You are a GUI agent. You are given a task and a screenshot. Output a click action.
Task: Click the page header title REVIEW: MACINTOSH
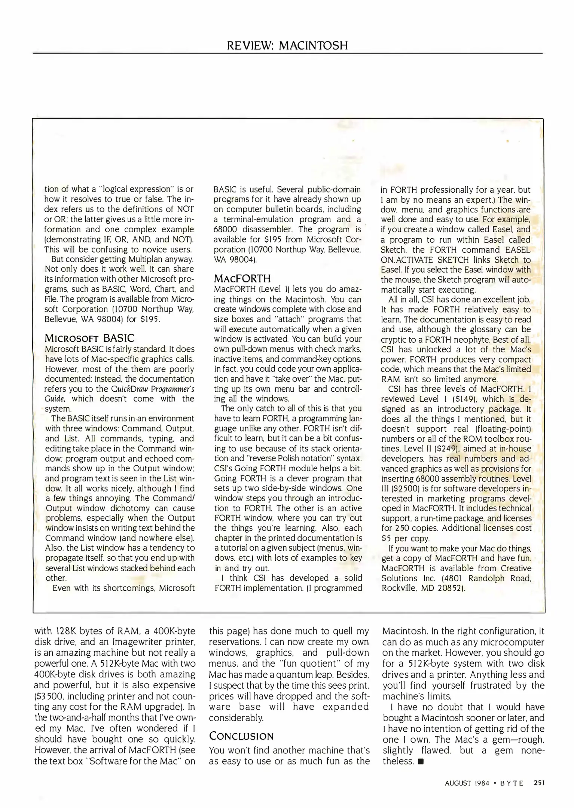[x=287, y=46]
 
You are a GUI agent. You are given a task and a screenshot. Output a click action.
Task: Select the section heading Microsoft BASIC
[x=89, y=338]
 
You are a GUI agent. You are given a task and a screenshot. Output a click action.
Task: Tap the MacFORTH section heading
[x=242, y=278]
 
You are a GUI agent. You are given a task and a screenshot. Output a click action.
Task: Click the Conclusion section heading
[x=241, y=736]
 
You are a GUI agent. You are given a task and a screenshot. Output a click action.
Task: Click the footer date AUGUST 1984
[x=467, y=783]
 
